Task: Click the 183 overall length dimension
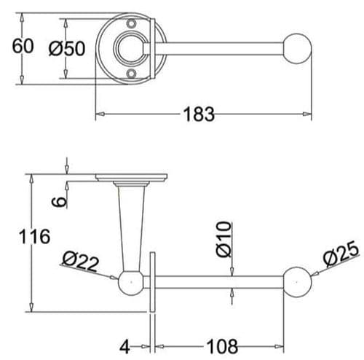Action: coord(199,114)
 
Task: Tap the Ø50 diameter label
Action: coord(67,48)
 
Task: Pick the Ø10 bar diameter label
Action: coord(223,239)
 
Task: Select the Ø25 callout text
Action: coord(339,256)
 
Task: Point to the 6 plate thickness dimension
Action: coord(61,195)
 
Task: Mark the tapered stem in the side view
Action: coord(132,226)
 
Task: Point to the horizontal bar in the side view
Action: coord(218,281)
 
